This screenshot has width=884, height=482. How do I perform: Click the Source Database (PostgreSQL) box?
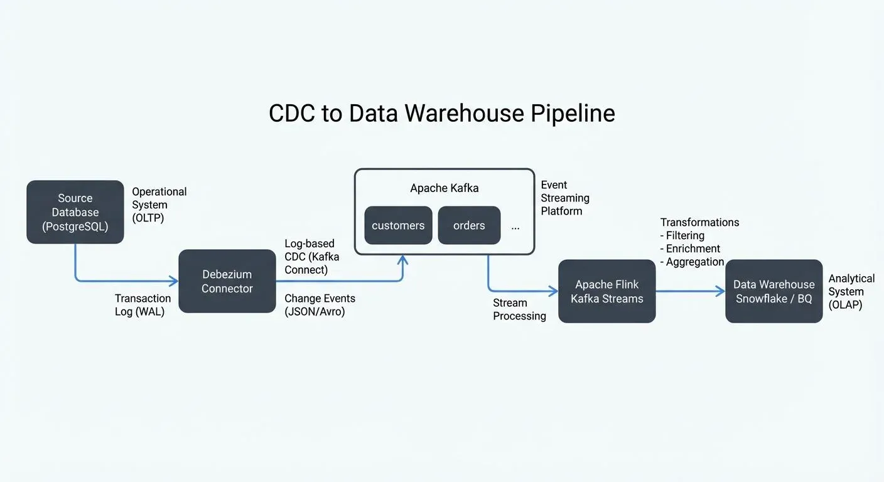[75, 212]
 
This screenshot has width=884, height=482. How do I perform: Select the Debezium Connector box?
[227, 281]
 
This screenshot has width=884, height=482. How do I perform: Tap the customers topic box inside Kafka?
[398, 225]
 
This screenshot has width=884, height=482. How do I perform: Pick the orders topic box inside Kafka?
[469, 225]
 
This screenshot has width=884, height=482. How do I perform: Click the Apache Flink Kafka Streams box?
[606, 291]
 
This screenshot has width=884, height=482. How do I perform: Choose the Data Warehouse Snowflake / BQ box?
[773, 291]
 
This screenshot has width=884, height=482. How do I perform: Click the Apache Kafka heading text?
[444, 188]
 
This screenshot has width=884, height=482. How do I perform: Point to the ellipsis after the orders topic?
[515, 227]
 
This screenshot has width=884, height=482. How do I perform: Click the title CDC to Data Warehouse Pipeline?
[441, 113]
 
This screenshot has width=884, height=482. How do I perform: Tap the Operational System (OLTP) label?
[159, 205]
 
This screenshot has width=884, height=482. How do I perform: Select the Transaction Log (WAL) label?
[143, 305]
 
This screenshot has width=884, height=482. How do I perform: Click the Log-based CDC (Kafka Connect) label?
[310, 257]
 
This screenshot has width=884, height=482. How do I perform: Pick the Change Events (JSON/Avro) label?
[320, 305]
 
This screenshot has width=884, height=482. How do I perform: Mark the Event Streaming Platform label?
[565, 198]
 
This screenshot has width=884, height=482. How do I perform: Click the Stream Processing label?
[519, 309]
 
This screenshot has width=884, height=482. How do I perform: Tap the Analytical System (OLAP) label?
[851, 291]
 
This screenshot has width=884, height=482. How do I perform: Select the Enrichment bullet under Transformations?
[690, 249]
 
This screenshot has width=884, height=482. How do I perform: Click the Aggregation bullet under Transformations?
[692, 262]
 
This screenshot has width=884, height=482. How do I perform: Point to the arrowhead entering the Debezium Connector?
[174, 281]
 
